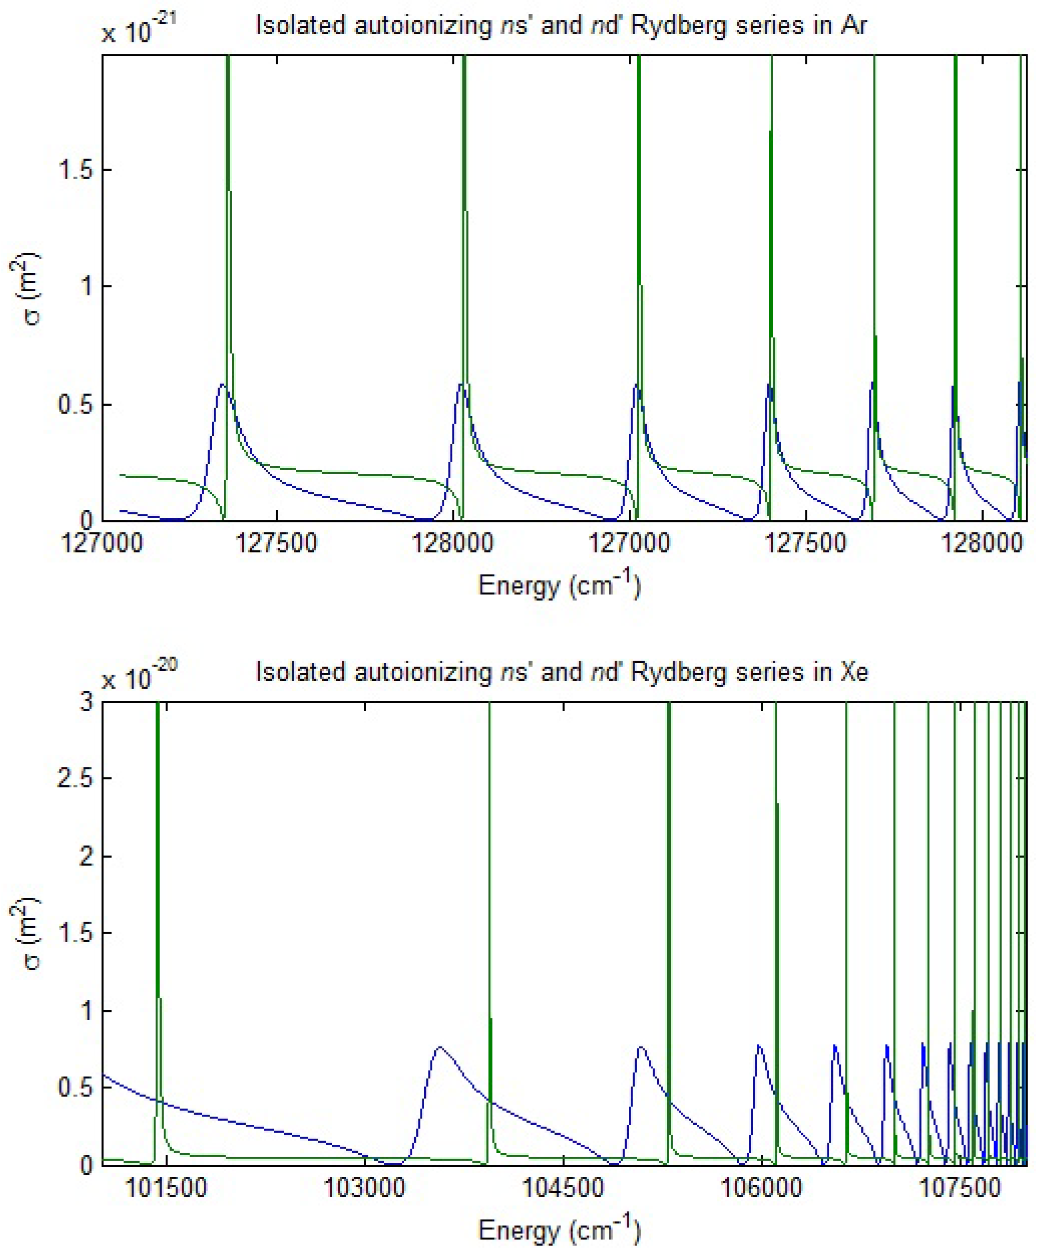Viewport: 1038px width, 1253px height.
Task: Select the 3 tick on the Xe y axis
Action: click(87, 702)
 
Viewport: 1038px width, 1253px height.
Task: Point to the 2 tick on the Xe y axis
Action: click(87, 857)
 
